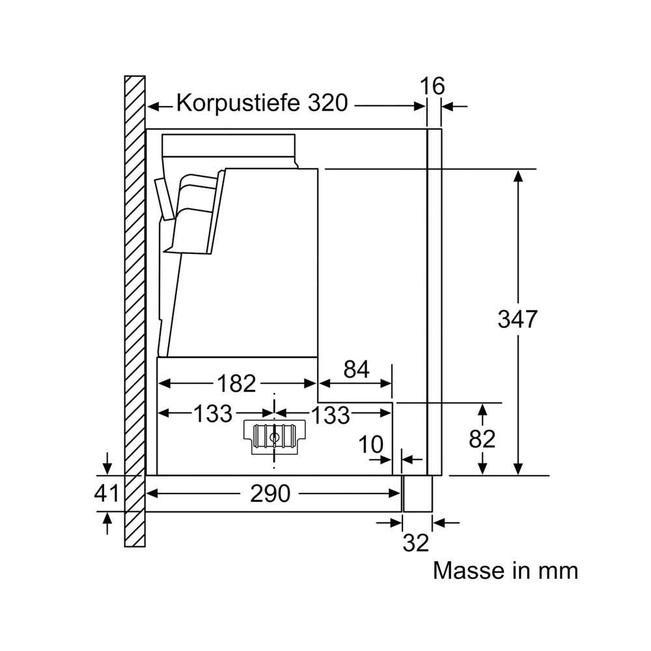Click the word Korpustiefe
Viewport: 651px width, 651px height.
[x=238, y=104]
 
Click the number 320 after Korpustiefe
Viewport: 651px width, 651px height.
[x=327, y=103]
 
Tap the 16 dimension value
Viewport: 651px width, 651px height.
[x=432, y=87]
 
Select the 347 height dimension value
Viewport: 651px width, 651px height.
[x=518, y=319]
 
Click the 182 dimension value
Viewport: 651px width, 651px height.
[x=236, y=383]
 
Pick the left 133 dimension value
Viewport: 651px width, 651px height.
[x=213, y=413]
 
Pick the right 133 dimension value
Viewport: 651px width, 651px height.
[x=331, y=415]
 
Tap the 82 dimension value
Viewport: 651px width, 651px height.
[x=482, y=439]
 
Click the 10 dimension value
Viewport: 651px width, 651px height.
[x=371, y=445]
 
